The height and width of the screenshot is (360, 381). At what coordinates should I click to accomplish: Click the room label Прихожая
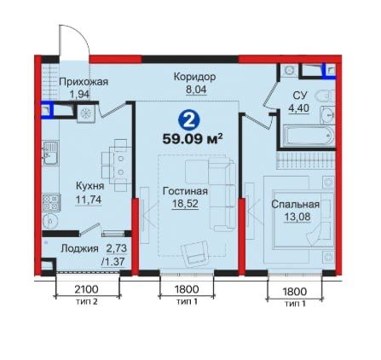pos(84,81)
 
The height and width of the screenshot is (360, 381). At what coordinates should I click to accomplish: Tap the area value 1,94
pos(79,95)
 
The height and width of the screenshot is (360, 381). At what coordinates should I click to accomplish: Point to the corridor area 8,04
pos(194,88)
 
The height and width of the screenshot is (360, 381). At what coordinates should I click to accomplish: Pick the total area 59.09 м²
pos(192,136)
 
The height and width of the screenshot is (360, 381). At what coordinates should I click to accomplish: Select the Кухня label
pos(89,184)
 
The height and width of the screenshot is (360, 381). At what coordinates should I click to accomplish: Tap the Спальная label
pos(295,205)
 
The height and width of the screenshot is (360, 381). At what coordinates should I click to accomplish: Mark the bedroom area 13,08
pos(295,218)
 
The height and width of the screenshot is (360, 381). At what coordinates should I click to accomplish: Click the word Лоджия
pos(77,248)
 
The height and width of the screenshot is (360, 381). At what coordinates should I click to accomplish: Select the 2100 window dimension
pos(88,289)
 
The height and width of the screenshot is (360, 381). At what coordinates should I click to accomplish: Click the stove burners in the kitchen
pos(51,202)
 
